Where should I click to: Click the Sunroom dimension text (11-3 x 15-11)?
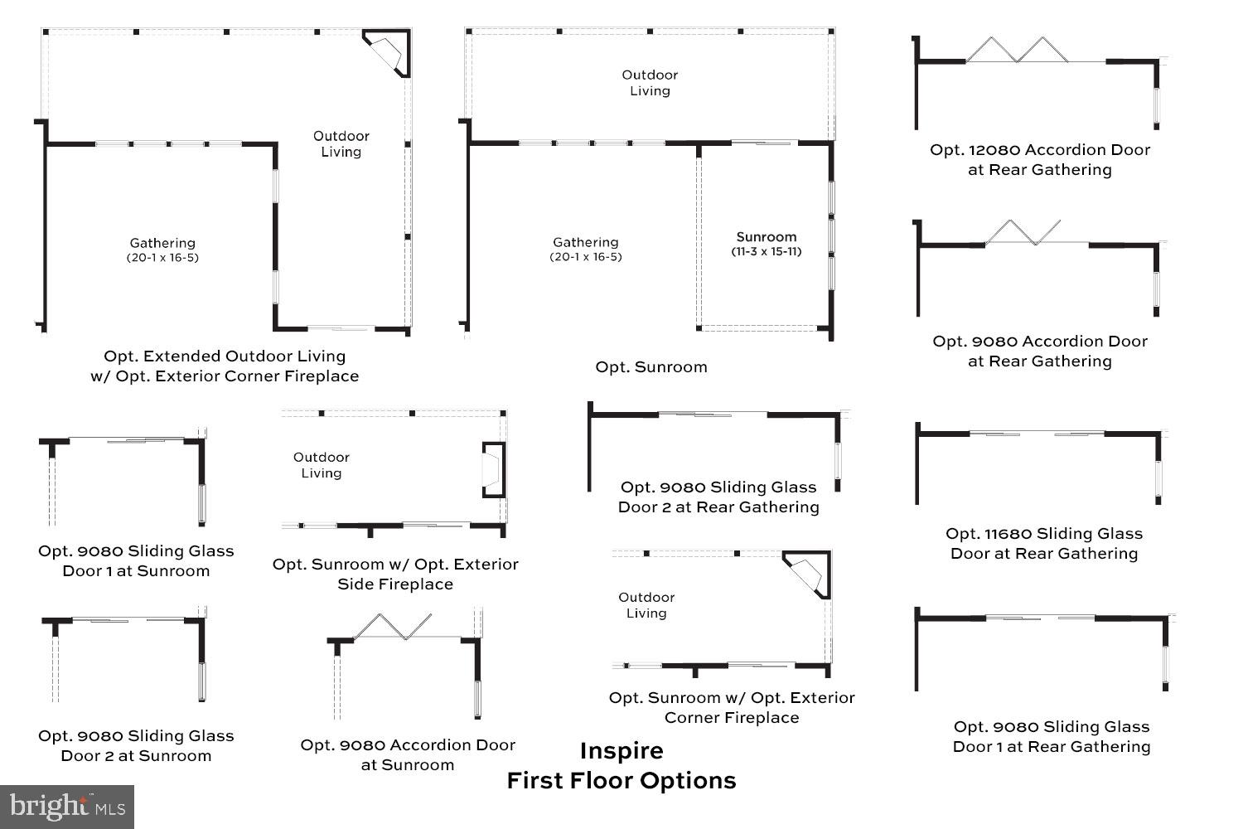tap(766, 252)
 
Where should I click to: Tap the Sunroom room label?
tap(766, 237)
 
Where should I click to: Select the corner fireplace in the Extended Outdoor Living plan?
tap(387, 53)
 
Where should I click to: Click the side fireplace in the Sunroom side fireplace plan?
tap(493, 470)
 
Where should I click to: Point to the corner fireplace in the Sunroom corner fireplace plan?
tap(807, 574)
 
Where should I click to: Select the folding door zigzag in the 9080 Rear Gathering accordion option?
tap(1023, 232)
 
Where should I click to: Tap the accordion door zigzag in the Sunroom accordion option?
tap(393, 627)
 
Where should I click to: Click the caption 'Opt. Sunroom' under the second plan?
tap(651, 367)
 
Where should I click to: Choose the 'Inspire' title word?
tap(621, 751)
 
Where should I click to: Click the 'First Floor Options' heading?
tap(621, 781)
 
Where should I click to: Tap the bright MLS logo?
tap(67, 806)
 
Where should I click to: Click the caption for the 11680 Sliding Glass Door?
tap(1044, 544)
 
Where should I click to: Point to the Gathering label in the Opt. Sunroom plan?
tap(586, 242)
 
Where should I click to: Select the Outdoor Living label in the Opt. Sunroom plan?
tap(650, 83)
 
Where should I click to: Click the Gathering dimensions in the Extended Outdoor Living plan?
tap(162, 258)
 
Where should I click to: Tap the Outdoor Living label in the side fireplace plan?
tap(322, 465)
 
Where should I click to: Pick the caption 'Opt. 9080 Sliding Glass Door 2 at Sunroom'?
tap(136, 746)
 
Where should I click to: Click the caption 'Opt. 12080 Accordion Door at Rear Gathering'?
tap(1040, 160)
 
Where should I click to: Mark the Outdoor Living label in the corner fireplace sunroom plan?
tap(646, 605)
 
